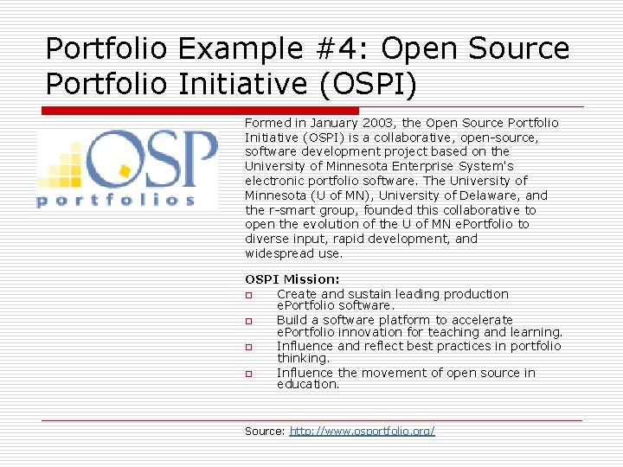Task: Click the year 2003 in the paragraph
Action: tap(380, 123)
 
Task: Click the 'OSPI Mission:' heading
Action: tap(292, 279)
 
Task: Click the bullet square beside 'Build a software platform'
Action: tap(248, 321)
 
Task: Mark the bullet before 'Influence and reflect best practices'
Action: tap(248, 347)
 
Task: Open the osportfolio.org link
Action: tap(362, 431)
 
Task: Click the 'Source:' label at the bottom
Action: tap(265, 431)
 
